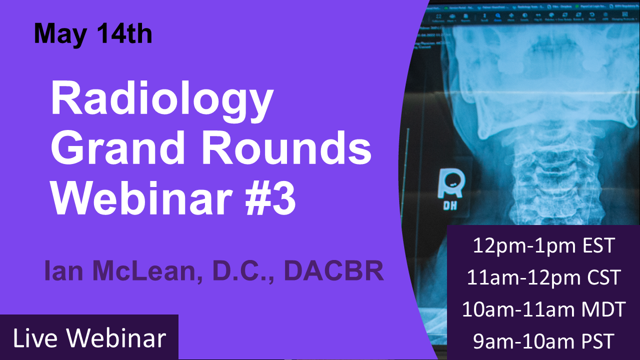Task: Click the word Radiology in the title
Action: point(161,100)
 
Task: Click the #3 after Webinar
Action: point(268,196)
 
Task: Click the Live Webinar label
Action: point(89,338)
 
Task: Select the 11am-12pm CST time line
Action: point(543,277)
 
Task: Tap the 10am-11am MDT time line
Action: point(543,309)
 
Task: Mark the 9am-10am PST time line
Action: point(543,341)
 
